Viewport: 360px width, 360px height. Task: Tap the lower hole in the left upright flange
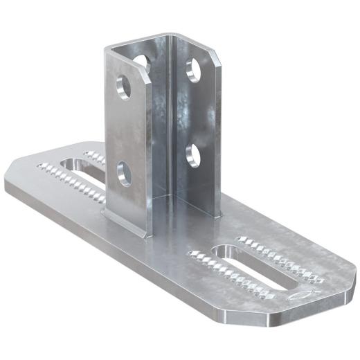pos(125,172)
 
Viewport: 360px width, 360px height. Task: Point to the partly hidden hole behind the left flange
pos(142,62)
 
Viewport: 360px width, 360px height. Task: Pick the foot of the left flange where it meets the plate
pos(125,220)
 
